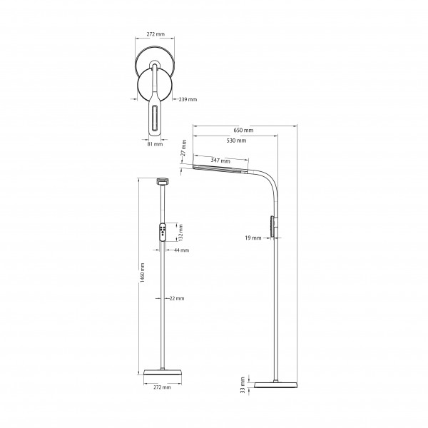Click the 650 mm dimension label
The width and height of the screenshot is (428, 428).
pos(243,131)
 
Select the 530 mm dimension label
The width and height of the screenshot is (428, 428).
pos(236,141)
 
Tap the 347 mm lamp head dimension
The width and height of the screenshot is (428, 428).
pos(220,160)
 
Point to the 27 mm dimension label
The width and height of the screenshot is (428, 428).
pos(184,148)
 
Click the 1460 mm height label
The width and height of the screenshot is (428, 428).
pos(142,272)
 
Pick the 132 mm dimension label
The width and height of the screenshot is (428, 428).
pos(180,233)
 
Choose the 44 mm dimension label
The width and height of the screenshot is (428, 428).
pos(181,250)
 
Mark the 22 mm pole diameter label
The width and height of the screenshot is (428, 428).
pos(177,298)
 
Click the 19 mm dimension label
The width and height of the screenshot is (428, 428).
pos(253,238)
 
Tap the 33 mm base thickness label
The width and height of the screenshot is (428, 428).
pos(243,385)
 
